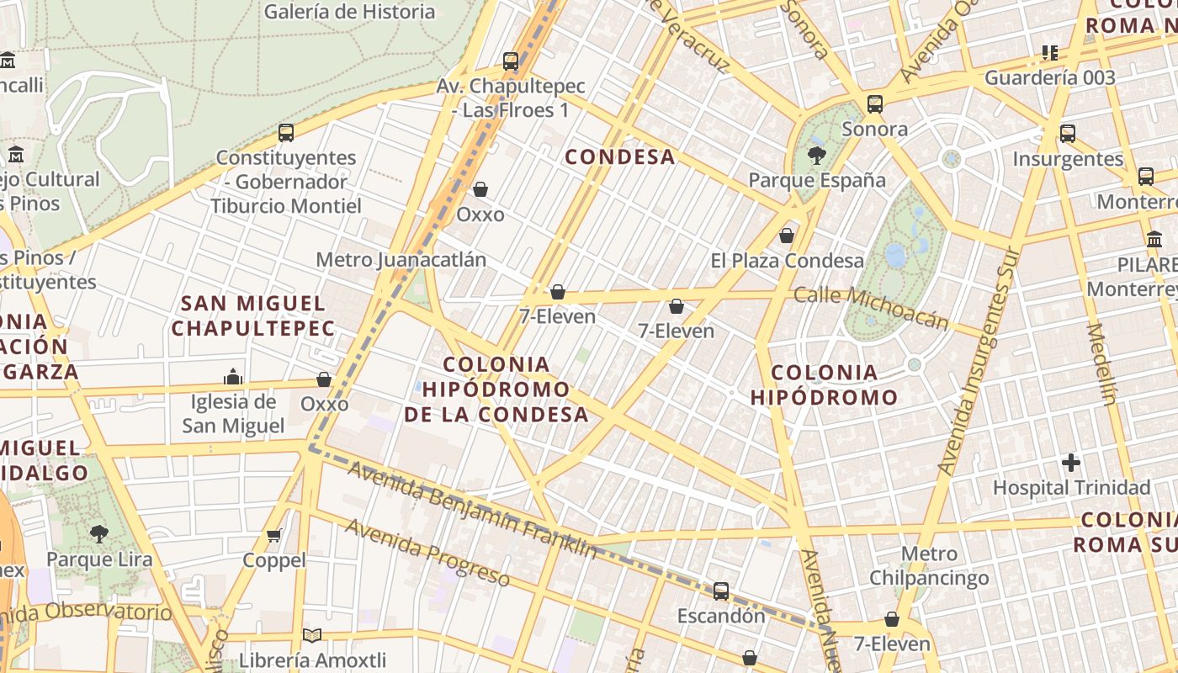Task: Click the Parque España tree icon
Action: tap(816, 155)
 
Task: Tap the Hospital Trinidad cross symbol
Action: tap(1071, 462)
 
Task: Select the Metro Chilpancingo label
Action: tap(929, 566)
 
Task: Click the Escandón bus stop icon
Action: tap(721, 591)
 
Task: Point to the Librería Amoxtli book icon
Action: tap(312, 636)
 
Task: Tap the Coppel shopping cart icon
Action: tap(274, 535)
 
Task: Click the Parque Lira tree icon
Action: tap(99, 533)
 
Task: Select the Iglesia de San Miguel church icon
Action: tap(233, 376)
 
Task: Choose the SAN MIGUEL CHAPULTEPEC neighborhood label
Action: tap(253, 315)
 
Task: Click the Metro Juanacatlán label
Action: tap(401, 259)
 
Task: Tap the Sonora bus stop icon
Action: tap(875, 104)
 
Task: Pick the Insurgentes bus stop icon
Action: tap(1068, 133)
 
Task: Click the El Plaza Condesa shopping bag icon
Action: tap(787, 236)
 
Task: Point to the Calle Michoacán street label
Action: tap(871, 308)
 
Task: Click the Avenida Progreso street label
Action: tap(427, 552)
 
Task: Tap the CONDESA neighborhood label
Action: tap(620, 156)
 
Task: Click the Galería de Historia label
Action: tap(349, 12)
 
